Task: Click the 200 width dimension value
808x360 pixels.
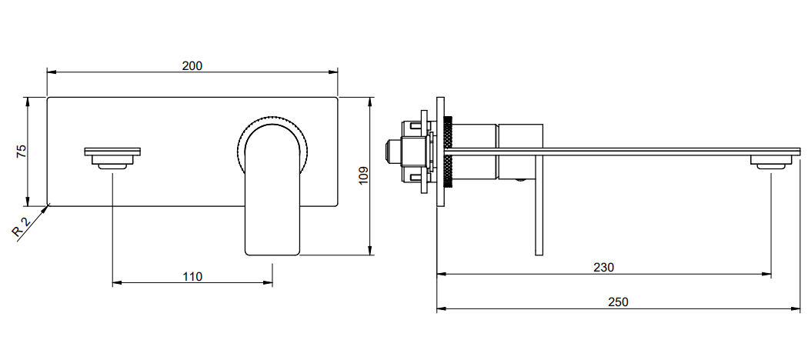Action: pos(192,65)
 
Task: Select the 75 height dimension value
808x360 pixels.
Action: pos(21,152)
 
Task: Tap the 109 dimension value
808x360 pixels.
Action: pos(363,175)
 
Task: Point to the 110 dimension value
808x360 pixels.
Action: pos(192,277)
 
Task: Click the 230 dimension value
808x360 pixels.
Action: pos(603,268)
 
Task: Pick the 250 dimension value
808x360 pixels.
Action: pos(618,302)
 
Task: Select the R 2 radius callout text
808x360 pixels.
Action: pos(21,228)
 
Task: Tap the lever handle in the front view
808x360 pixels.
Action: pos(272,191)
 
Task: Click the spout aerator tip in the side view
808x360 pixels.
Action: pos(771,162)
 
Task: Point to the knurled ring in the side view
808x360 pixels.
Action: pos(447,153)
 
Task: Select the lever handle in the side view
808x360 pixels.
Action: pos(539,206)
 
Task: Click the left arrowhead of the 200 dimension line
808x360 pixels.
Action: pos(52,72)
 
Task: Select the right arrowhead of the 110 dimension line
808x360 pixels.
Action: pos(268,283)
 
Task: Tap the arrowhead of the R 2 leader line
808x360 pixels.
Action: pos(46,208)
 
